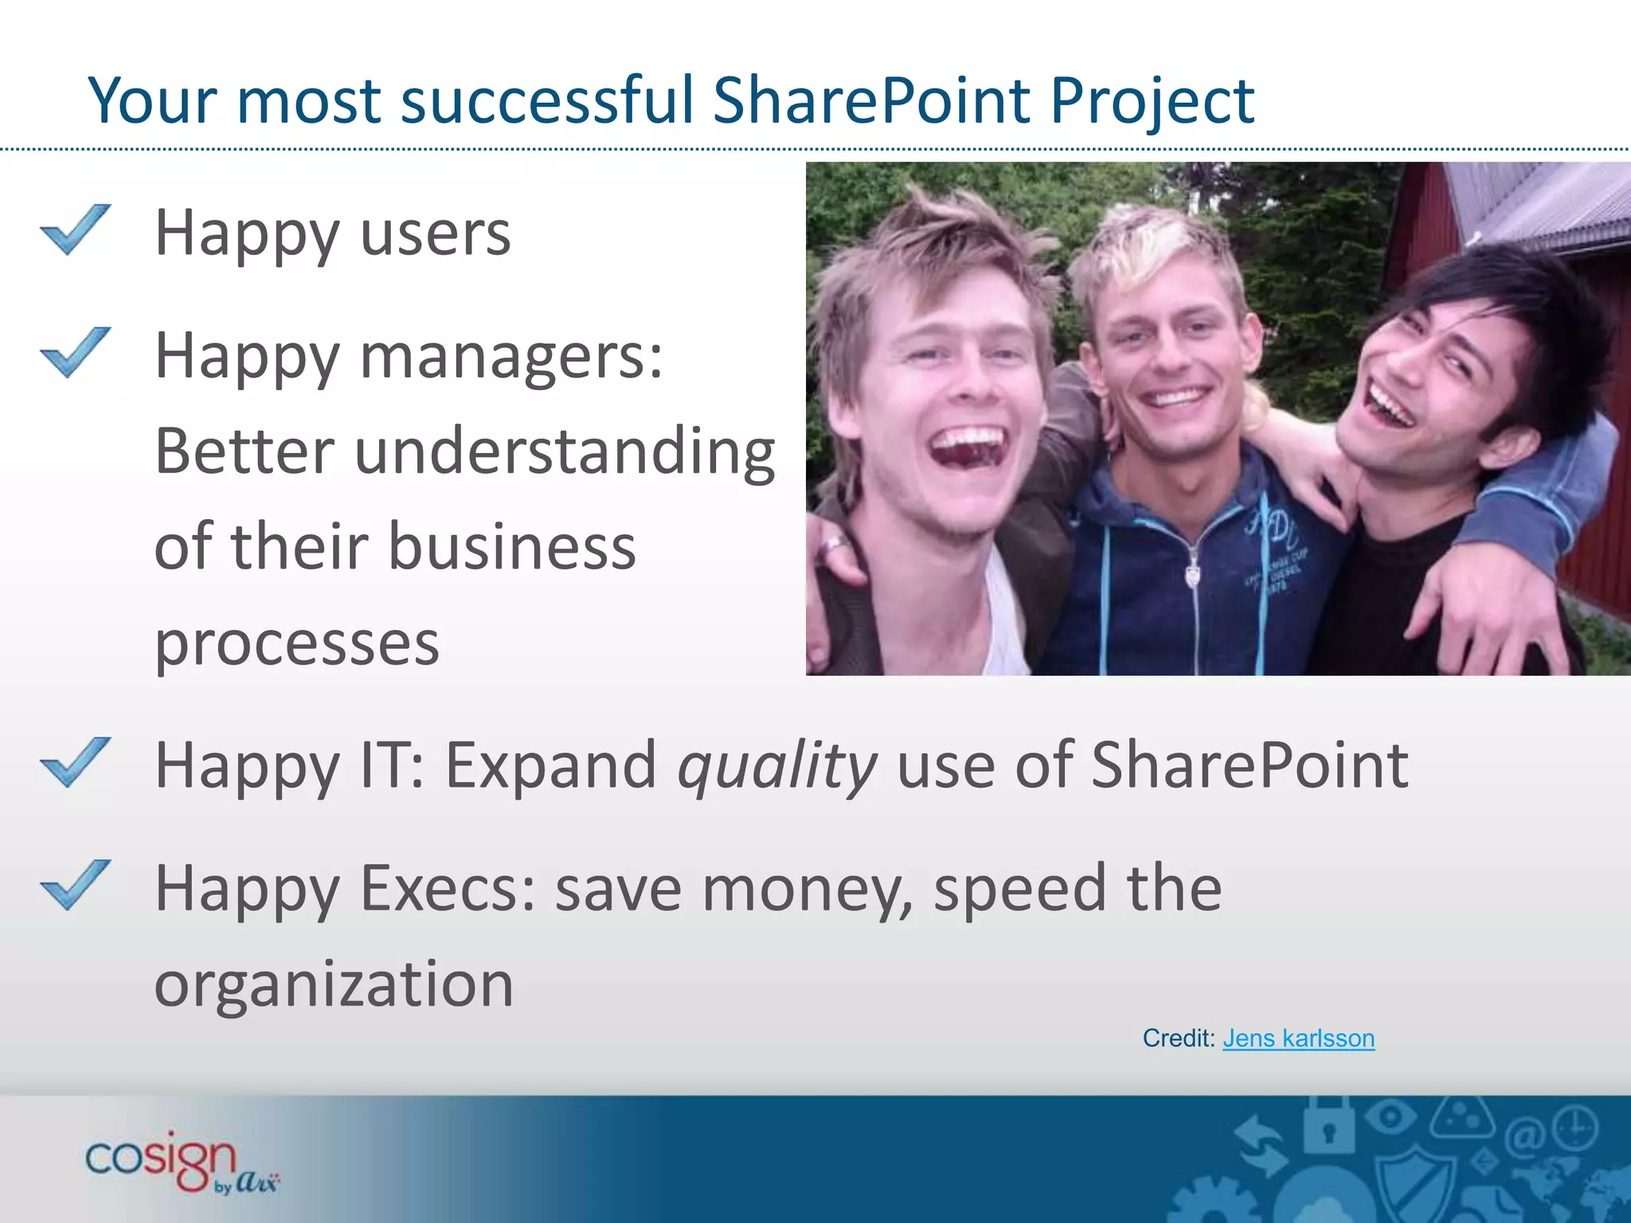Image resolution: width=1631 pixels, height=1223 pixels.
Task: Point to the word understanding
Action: [x=565, y=451]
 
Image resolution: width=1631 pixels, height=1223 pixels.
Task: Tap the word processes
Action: [x=296, y=643]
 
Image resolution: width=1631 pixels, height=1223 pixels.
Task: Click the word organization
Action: [x=334, y=984]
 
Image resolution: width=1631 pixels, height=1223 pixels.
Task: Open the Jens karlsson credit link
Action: [x=1298, y=1038]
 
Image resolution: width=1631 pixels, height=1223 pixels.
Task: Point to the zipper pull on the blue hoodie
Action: [x=1192, y=572]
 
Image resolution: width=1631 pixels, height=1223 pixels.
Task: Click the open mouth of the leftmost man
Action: [x=967, y=451]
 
